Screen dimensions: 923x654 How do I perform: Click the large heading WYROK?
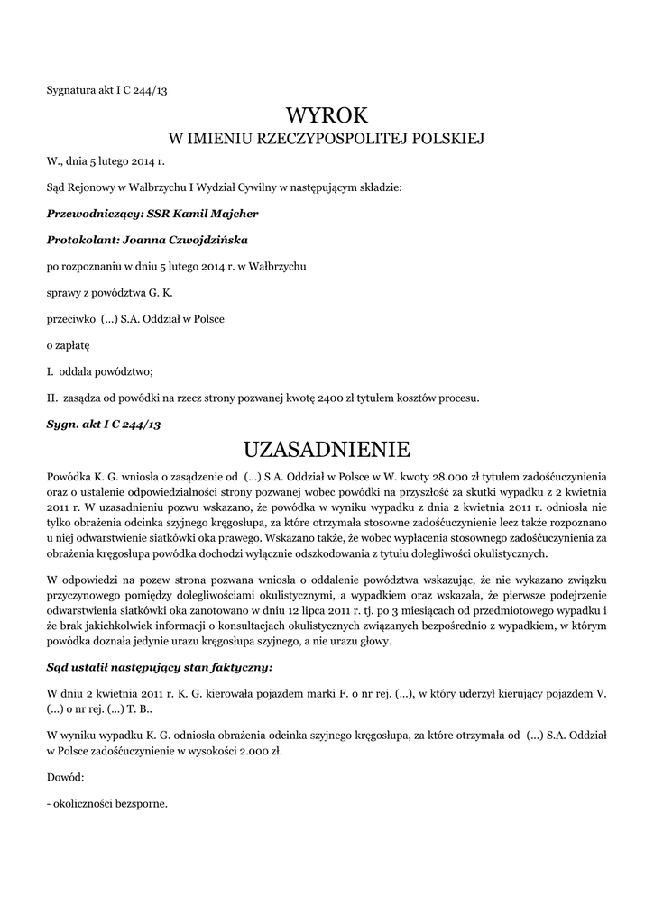(327, 115)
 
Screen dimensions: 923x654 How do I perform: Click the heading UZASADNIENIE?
(327, 449)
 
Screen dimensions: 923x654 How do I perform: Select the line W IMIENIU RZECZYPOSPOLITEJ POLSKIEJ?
(327, 140)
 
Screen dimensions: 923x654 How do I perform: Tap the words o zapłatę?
(69, 345)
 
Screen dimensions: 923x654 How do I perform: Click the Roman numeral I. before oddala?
(49, 371)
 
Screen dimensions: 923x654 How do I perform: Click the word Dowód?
(65, 776)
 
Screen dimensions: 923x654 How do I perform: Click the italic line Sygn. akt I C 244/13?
(103, 424)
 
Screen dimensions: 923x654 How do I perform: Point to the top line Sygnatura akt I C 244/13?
(106, 89)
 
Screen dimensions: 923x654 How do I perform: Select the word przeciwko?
(71, 319)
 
